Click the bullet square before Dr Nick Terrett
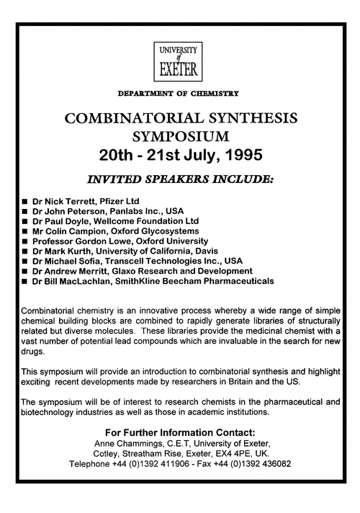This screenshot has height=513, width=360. click(x=26, y=199)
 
